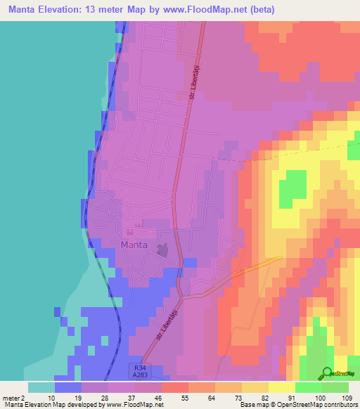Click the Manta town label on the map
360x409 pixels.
click(134, 245)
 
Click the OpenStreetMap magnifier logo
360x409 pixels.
click(327, 373)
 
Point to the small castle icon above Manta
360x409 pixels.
click(129, 232)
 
